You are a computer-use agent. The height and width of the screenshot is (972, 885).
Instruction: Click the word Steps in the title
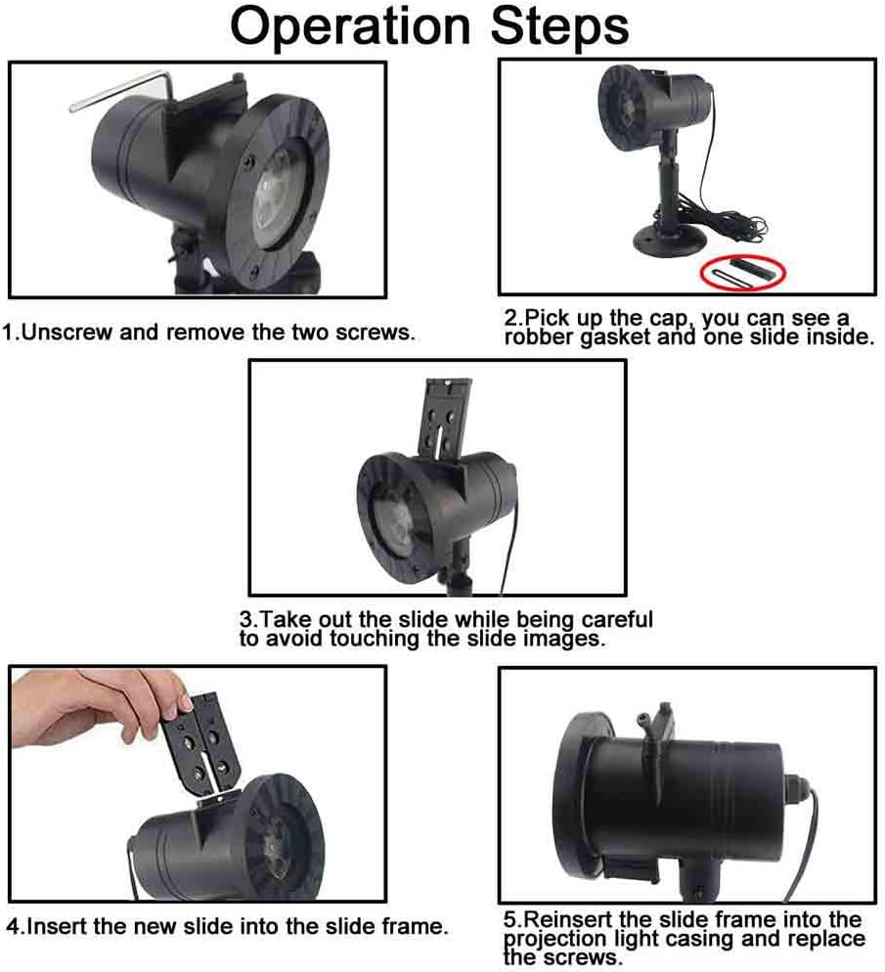559,28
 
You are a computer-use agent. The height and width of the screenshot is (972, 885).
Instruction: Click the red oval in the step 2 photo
743,272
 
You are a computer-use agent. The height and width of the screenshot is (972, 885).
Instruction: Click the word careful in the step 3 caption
617,619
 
